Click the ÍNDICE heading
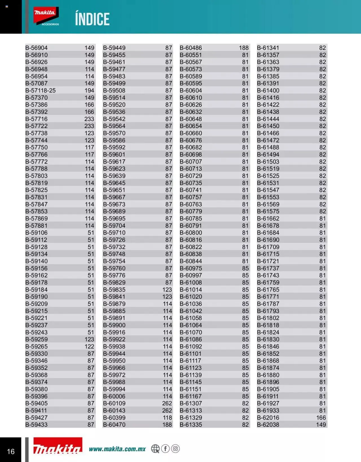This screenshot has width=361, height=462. pyautogui.click(x=92, y=19)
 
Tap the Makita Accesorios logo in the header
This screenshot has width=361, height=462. pyautogui.click(x=46, y=16)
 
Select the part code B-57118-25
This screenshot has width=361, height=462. pyautogui.click(x=41, y=91)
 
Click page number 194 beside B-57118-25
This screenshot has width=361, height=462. pyautogui.click(x=89, y=91)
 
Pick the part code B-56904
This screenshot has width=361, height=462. pyautogui.click(x=36, y=48)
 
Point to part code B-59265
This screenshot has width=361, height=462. pyautogui.click(x=36, y=346)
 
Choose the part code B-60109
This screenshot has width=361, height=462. pyautogui.click(x=114, y=403)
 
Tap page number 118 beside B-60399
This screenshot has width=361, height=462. pyautogui.click(x=167, y=417)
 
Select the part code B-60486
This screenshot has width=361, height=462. pyautogui.click(x=191, y=48)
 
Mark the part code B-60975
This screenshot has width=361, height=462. pyautogui.click(x=191, y=268)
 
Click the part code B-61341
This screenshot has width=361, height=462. pyautogui.click(x=268, y=48)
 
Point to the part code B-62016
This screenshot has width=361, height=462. pyautogui.click(x=268, y=417)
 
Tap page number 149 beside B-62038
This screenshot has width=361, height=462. pyautogui.click(x=321, y=424)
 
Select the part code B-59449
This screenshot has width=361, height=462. pyautogui.click(x=114, y=48)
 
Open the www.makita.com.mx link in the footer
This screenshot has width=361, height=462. pyautogui.click(x=117, y=449)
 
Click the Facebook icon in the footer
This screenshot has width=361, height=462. pyautogui.click(x=166, y=448)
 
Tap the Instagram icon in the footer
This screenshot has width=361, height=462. pyautogui.click(x=175, y=448)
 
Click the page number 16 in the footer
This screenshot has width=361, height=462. pyautogui.click(x=11, y=452)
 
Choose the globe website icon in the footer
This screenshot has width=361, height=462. pyautogui.click(x=155, y=449)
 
